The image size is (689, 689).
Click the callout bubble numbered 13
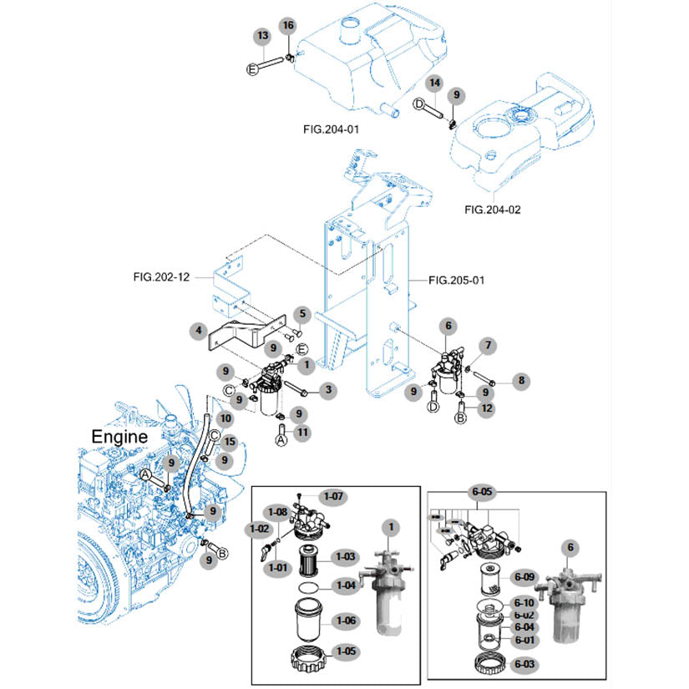(263, 37)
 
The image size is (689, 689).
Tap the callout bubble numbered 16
(288, 25)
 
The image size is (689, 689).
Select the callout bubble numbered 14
(434, 84)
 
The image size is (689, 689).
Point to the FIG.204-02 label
(492, 210)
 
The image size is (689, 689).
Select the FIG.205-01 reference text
(456, 281)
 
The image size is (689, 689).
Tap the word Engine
(119, 436)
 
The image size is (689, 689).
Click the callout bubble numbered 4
(197, 331)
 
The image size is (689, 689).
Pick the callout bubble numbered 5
(301, 315)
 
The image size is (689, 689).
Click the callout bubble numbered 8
(522, 381)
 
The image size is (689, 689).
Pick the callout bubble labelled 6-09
(524, 576)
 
